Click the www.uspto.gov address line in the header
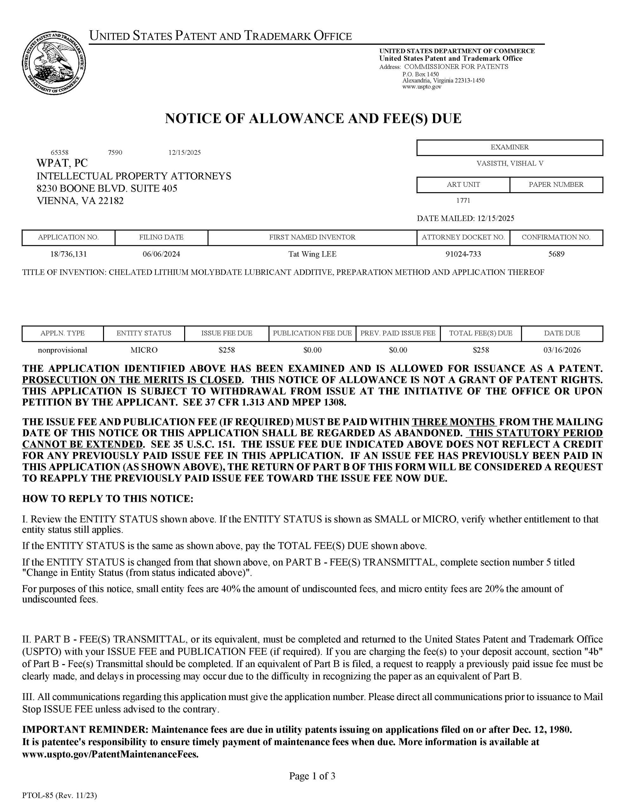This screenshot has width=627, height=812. click(x=422, y=87)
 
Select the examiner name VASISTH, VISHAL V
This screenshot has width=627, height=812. click(x=509, y=163)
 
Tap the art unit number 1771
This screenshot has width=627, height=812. click(x=463, y=201)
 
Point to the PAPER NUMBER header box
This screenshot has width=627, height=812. click(x=556, y=185)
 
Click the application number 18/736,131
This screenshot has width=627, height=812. click(x=68, y=254)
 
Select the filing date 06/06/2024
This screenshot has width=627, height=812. click(x=161, y=254)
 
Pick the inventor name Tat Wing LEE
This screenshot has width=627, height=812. click(x=312, y=254)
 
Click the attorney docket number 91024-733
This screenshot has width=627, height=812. click(x=463, y=254)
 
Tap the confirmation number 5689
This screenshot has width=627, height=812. click(x=556, y=254)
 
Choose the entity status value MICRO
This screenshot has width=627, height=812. click(x=144, y=350)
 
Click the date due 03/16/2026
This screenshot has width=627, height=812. click(x=562, y=350)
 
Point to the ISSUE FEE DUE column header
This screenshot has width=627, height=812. click(x=227, y=333)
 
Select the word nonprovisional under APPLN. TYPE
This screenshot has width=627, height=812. click(x=62, y=350)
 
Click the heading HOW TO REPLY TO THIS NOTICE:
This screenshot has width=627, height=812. click(x=108, y=499)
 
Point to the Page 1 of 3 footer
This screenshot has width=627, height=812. click(x=312, y=776)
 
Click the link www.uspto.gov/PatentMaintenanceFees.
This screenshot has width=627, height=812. click(x=110, y=755)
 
